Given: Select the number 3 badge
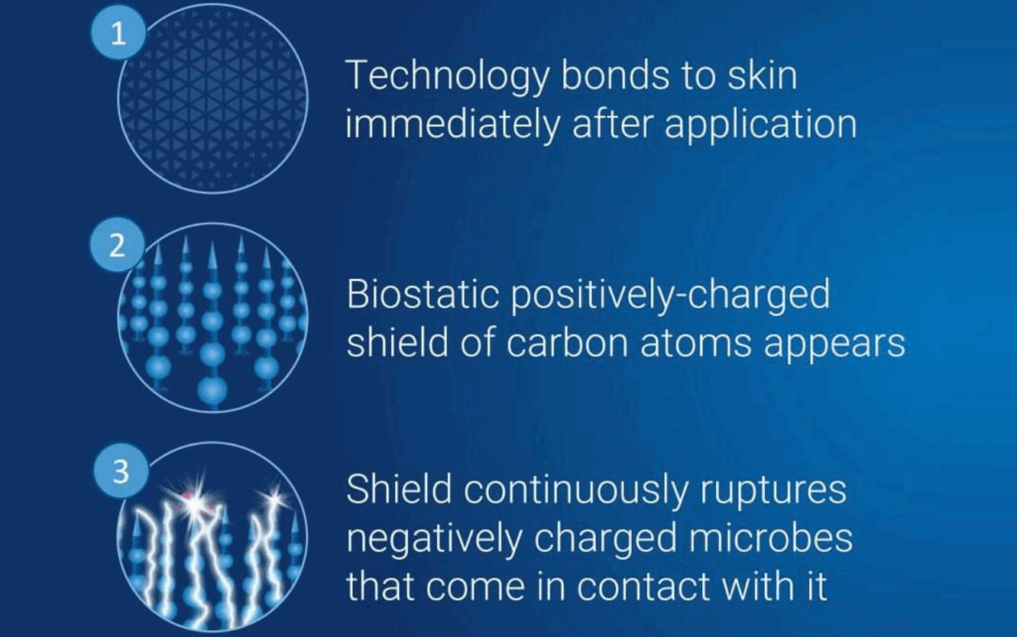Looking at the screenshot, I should pyautogui.click(x=120, y=472).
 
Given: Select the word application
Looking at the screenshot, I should pyautogui.click(x=752, y=125).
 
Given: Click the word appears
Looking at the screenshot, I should pyautogui.click(x=846, y=343).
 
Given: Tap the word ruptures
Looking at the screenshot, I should pyautogui.click(x=780, y=490).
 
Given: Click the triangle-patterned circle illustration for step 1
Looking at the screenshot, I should pyautogui.click(x=214, y=99).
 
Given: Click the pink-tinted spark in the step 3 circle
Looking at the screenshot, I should pyautogui.click(x=186, y=493).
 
